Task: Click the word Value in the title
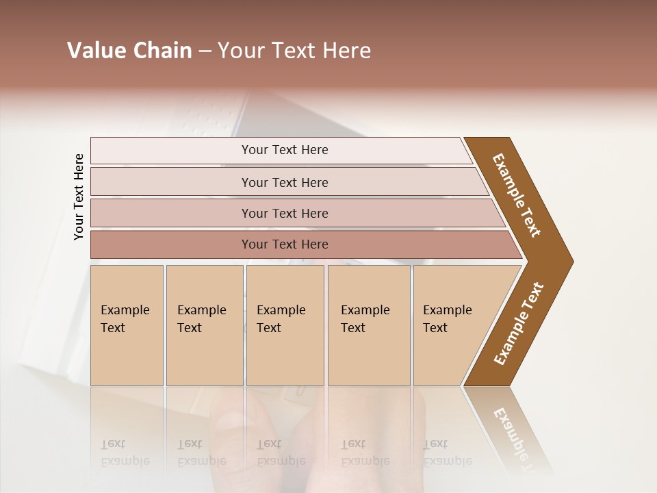point(95,51)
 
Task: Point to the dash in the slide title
point(205,51)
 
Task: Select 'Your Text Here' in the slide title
point(294,51)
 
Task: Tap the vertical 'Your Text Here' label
point(79,197)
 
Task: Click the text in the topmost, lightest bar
point(285,150)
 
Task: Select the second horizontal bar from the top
point(285,182)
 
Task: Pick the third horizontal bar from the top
point(285,213)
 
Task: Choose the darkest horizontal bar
point(285,244)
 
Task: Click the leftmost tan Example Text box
point(127,325)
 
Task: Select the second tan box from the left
point(204,325)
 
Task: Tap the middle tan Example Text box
point(285,325)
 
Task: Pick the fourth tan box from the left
point(369,325)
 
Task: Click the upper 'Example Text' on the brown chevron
point(517,195)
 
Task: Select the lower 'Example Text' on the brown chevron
point(519,323)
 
